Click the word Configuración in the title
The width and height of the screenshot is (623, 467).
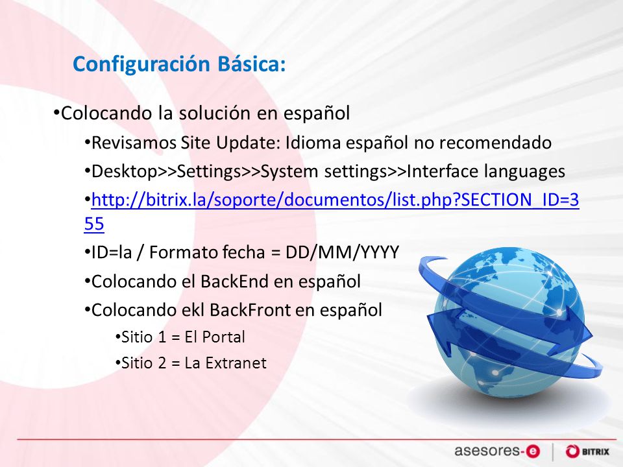tap(141, 64)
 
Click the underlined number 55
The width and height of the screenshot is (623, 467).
tap(94, 224)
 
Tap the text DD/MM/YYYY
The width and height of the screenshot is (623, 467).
tap(337, 252)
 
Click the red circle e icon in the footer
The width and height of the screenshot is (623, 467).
tap(533, 451)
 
